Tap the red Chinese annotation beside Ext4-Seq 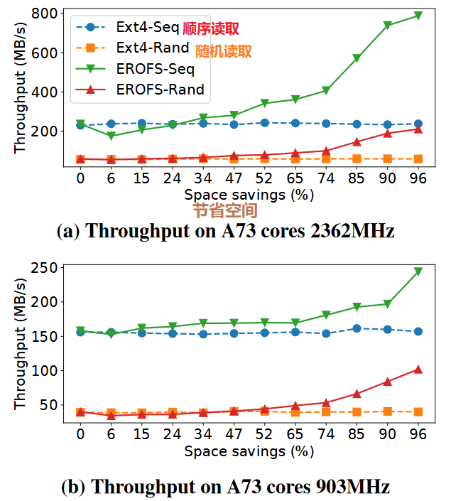click(x=211, y=29)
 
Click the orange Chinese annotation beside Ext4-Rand click(x=223, y=51)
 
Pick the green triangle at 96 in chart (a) click(x=418, y=15)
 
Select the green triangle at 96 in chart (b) click(x=418, y=271)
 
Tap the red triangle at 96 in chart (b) click(x=418, y=370)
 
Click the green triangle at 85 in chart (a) click(x=357, y=58)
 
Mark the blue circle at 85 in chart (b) click(x=357, y=328)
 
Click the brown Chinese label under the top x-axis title click(x=225, y=210)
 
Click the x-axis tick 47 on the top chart click(x=234, y=178)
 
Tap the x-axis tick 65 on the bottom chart click(x=295, y=433)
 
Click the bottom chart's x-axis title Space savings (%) click(x=249, y=451)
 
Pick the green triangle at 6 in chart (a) click(x=111, y=136)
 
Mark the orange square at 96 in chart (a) click(x=418, y=159)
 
